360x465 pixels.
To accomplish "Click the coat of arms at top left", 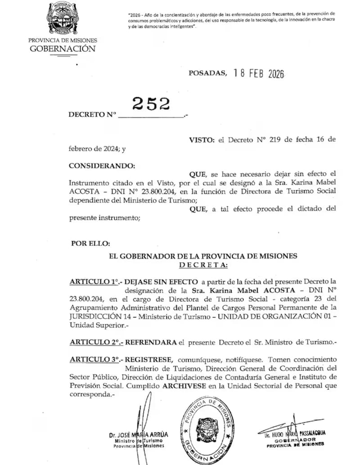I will [x=63, y=19].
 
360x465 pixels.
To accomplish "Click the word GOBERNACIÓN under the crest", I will [x=63, y=49].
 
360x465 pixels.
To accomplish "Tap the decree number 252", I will [x=151, y=104].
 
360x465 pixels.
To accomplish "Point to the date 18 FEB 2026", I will [x=259, y=74].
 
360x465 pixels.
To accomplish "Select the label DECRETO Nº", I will [x=92, y=115].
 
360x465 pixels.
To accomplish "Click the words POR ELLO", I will [x=90, y=243].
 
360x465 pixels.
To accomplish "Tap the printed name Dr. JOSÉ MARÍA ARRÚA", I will [x=139, y=435].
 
